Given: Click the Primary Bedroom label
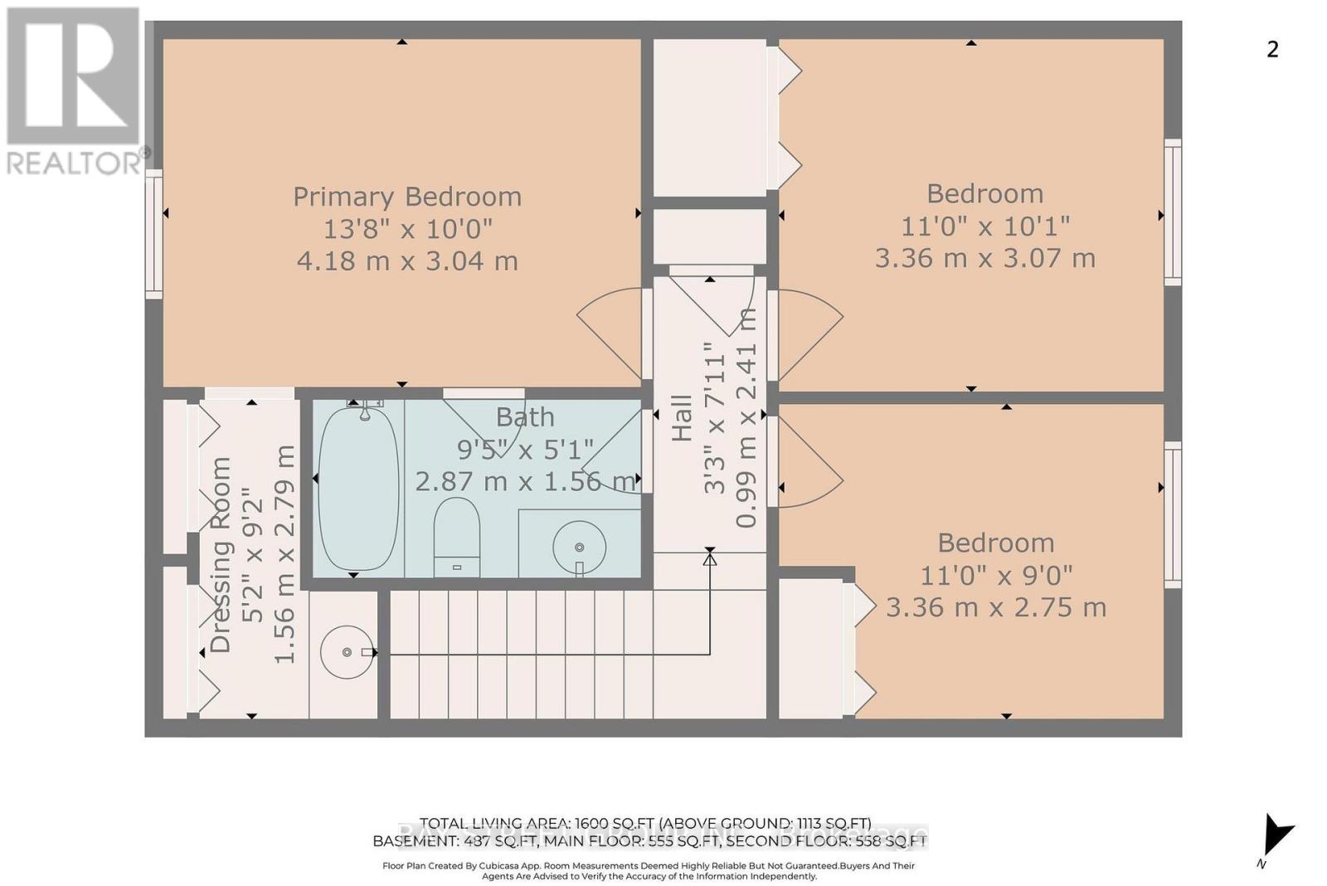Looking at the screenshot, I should pos(407,197).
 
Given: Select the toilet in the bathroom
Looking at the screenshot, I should pos(457,535).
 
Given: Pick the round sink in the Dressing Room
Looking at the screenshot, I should pos(347,652).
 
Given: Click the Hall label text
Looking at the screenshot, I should pos(682,417).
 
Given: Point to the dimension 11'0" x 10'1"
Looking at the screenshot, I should pos(985,226).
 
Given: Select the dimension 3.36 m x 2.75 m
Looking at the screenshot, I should pos(996,607).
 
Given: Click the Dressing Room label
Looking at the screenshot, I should pos(221,555).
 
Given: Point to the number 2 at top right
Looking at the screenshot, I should pos(1272,50).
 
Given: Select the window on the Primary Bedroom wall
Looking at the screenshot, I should pos(154,233).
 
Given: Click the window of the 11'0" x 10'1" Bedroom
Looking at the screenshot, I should pos(1172,212).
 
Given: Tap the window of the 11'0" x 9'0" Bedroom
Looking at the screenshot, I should pos(1172,514).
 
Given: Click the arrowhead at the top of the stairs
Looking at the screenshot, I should pos(710,559).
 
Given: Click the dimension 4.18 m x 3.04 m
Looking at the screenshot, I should pos(407,260).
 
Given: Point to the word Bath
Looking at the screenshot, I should pos(525,416).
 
